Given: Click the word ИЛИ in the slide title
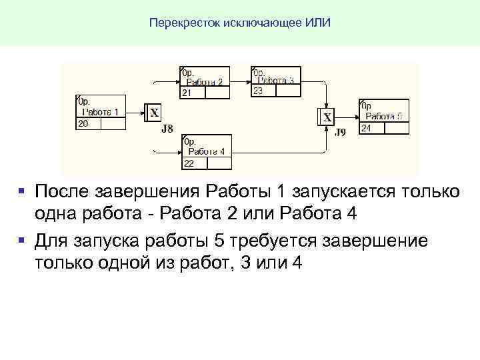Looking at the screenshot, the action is point(318,23).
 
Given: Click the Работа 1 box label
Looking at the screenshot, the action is point(102,111).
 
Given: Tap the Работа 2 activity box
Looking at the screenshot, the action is point(205,82).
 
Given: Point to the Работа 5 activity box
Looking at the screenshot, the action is point(383,116).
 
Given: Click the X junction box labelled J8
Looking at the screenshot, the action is point(153,113).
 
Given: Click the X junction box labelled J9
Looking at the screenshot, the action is point(327,117).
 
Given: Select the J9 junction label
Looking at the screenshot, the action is point(340,132).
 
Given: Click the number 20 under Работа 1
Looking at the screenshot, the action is point(83,124).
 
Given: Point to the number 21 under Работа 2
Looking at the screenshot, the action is point(187,93).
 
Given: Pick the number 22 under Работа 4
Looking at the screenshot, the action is point(189,163).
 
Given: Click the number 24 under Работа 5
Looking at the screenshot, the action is point(365,128).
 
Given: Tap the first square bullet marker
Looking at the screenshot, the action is point(22,191).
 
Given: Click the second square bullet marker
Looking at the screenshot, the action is point(22,239).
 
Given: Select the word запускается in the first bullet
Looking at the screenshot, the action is point(343,192).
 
